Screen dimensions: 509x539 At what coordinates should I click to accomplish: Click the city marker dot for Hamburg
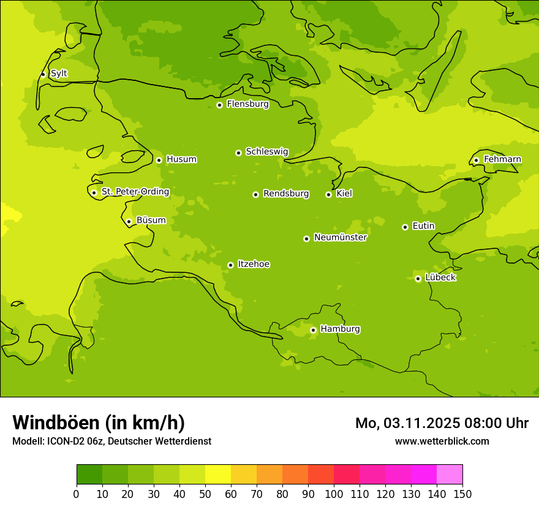(313, 330)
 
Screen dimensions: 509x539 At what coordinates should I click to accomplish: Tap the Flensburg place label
(247, 104)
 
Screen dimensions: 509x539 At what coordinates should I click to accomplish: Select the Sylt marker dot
(43, 74)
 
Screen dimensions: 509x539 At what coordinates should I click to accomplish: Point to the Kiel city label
(344, 194)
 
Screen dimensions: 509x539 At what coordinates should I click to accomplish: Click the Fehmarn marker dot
(476, 161)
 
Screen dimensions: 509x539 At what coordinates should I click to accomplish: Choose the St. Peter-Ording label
(135, 192)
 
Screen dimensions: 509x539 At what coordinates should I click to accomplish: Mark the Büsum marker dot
(129, 221)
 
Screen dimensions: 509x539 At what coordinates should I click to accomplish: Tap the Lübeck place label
(440, 278)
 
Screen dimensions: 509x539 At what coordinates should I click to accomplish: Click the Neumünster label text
(340, 237)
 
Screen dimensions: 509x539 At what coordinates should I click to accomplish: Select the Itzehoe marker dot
(230, 265)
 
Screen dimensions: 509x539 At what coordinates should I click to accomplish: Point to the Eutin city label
(423, 226)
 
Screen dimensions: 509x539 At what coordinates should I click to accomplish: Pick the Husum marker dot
(159, 160)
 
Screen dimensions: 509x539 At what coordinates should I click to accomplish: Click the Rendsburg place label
(285, 194)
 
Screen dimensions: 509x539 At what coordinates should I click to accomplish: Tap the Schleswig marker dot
(238, 153)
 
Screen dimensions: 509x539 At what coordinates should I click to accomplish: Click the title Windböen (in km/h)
(99, 423)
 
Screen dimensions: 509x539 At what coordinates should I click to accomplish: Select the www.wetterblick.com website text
(442, 441)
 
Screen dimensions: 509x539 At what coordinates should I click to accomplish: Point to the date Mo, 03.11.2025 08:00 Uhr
(442, 423)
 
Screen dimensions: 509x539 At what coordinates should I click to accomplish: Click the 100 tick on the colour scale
(334, 494)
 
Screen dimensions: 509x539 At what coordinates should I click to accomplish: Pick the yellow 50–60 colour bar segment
(218, 474)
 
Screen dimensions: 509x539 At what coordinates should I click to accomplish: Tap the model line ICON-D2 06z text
(111, 441)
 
